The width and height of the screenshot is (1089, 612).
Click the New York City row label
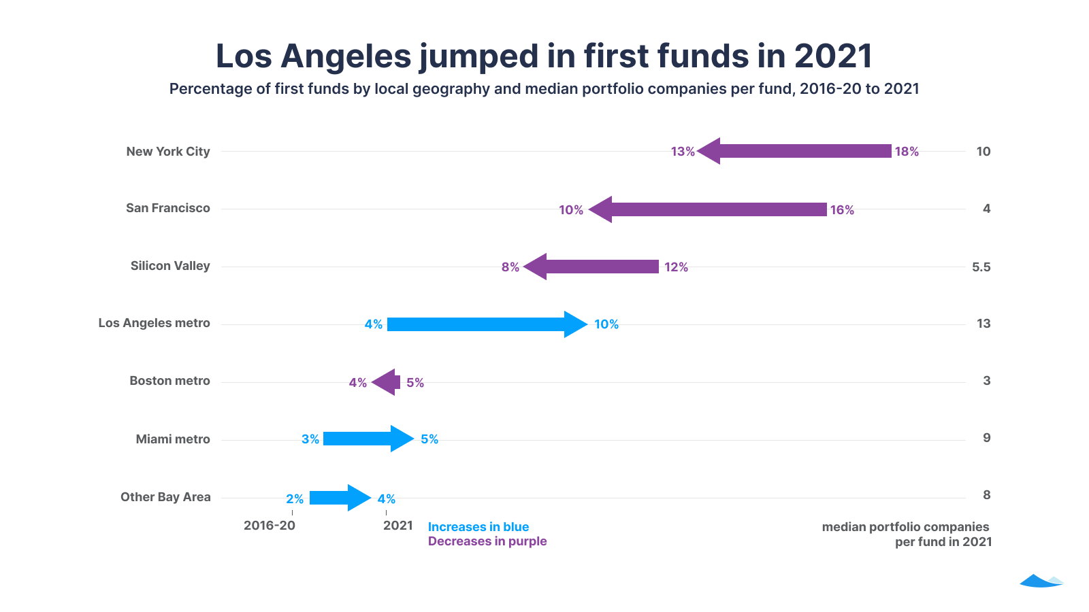(x=168, y=152)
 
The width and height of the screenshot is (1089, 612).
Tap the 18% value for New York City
(x=907, y=152)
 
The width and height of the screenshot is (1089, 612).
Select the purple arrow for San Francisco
(x=708, y=209)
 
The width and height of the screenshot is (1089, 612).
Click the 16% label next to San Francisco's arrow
(x=842, y=210)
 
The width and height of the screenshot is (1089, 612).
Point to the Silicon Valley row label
(x=170, y=266)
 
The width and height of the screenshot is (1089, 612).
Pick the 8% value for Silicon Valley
(x=510, y=267)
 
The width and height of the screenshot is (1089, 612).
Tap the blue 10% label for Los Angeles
(x=606, y=324)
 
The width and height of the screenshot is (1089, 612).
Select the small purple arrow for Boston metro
(x=386, y=382)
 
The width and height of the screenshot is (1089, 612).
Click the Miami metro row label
(x=173, y=439)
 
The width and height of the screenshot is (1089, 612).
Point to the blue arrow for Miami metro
(x=368, y=439)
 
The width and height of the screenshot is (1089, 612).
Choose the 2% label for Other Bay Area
(x=295, y=499)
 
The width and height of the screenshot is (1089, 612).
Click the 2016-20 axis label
(x=270, y=526)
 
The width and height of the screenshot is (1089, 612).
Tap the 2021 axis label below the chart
(x=398, y=526)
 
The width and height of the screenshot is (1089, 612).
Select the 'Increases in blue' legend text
(x=478, y=527)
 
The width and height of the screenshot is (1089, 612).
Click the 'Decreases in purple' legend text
(x=487, y=541)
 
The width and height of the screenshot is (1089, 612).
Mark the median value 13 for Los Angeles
(x=984, y=324)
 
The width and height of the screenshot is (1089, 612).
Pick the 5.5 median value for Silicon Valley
(x=981, y=267)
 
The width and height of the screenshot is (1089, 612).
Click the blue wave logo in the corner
(x=1041, y=581)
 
